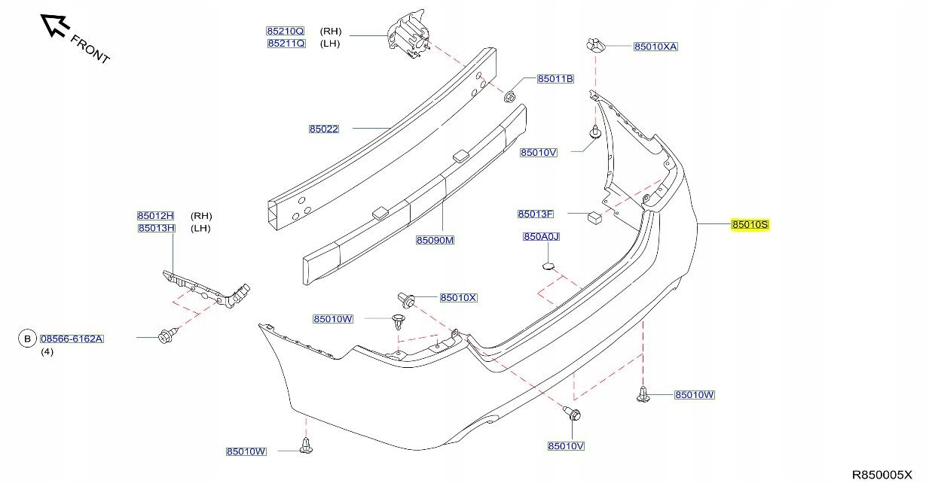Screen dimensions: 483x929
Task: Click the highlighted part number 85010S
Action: click(750, 225)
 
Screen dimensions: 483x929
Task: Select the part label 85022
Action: click(323, 129)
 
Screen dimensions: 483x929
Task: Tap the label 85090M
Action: click(435, 240)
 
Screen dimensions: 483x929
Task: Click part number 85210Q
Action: click(285, 32)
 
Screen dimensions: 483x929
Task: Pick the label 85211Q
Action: click(286, 44)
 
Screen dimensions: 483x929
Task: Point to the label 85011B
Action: click(555, 79)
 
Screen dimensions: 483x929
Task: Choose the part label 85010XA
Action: click(655, 47)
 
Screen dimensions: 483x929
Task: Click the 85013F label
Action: click(536, 214)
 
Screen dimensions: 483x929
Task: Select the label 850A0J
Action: click(541, 237)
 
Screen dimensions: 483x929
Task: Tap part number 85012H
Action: click(156, 216)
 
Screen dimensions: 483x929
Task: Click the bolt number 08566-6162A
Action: click(72, 339)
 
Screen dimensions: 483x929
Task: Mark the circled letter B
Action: click(27, 339)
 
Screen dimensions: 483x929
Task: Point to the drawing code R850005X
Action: click(882, 474)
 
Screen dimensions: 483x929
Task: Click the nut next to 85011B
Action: click(509, 96)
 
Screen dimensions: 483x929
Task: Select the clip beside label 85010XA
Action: click(595, 45)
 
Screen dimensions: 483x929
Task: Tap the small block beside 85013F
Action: click(593, 217)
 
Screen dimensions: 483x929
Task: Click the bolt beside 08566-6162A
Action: click(167, 336)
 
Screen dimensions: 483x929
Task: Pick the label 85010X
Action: click(458, 298)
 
